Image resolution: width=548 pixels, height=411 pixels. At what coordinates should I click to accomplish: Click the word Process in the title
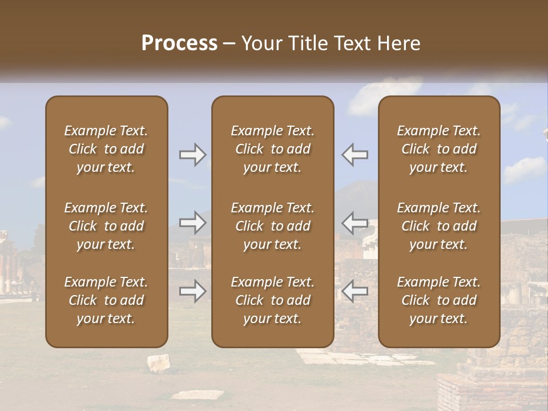click(179, 43)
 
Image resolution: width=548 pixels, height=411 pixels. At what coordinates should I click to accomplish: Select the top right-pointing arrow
click(192, 155)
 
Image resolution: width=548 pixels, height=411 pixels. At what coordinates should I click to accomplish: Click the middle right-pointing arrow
click(192, 223)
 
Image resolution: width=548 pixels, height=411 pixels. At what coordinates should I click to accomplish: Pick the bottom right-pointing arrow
click(192, 292)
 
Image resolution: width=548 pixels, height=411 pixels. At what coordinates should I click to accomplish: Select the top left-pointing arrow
click(355, 155)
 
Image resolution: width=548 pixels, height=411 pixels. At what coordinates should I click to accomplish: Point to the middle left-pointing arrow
click(355, 223)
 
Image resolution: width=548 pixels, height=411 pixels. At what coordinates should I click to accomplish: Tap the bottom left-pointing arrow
click(355, 292)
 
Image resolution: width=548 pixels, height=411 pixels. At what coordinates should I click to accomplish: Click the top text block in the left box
click(106, 149)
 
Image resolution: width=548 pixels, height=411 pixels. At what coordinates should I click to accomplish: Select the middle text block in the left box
click(106, 226)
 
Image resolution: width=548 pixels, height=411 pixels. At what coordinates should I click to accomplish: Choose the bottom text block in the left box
click(106, 300)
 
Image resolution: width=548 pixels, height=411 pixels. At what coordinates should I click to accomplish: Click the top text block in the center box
click(272, 149)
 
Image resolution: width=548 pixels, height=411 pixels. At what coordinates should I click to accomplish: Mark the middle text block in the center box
click(272, 226)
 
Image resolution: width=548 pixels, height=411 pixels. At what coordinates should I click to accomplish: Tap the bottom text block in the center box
click(272, 300)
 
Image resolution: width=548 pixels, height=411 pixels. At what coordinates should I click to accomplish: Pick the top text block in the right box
click(438, 149)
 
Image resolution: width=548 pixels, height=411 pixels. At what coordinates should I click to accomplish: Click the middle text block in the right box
click(438, 226)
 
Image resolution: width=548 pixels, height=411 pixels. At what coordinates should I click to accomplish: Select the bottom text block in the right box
click(438, 300)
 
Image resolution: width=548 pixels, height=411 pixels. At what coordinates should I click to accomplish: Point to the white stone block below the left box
click(159, 362)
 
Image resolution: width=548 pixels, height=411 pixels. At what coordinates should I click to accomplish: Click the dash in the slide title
click(229, 44)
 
